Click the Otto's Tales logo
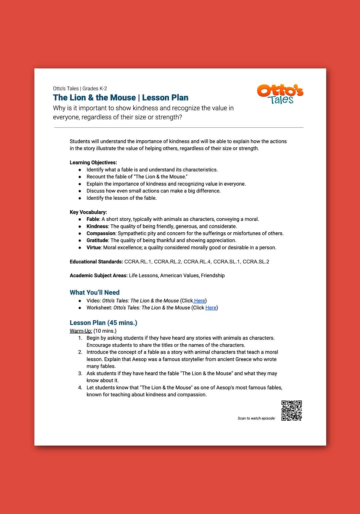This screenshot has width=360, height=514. (280, 94)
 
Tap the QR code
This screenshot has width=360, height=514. (292, 411)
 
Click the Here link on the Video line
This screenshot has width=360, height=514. (199, 301)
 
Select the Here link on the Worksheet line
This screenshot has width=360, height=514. (211, 308)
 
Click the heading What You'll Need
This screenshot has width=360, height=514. (95, 292)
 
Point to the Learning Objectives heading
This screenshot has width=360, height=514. (93, 163)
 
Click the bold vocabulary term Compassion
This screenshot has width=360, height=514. (101, 233)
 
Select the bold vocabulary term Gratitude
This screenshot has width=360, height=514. (97, 240)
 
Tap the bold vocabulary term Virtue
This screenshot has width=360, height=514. (94, 247)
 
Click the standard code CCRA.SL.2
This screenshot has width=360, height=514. (256, 262)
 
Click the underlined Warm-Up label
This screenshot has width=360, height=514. (81, 331)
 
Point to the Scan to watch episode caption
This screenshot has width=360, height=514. (256, 418)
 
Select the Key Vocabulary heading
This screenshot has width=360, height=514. (88, 212)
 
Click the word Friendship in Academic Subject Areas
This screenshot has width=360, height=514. (213, 275)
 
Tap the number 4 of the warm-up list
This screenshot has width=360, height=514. (80, 388)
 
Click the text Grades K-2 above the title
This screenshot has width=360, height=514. (95, 89)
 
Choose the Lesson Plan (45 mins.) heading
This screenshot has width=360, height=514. (103, 323)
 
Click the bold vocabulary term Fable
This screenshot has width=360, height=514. (93, 219)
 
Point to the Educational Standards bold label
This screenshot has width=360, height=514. (96, 262)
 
